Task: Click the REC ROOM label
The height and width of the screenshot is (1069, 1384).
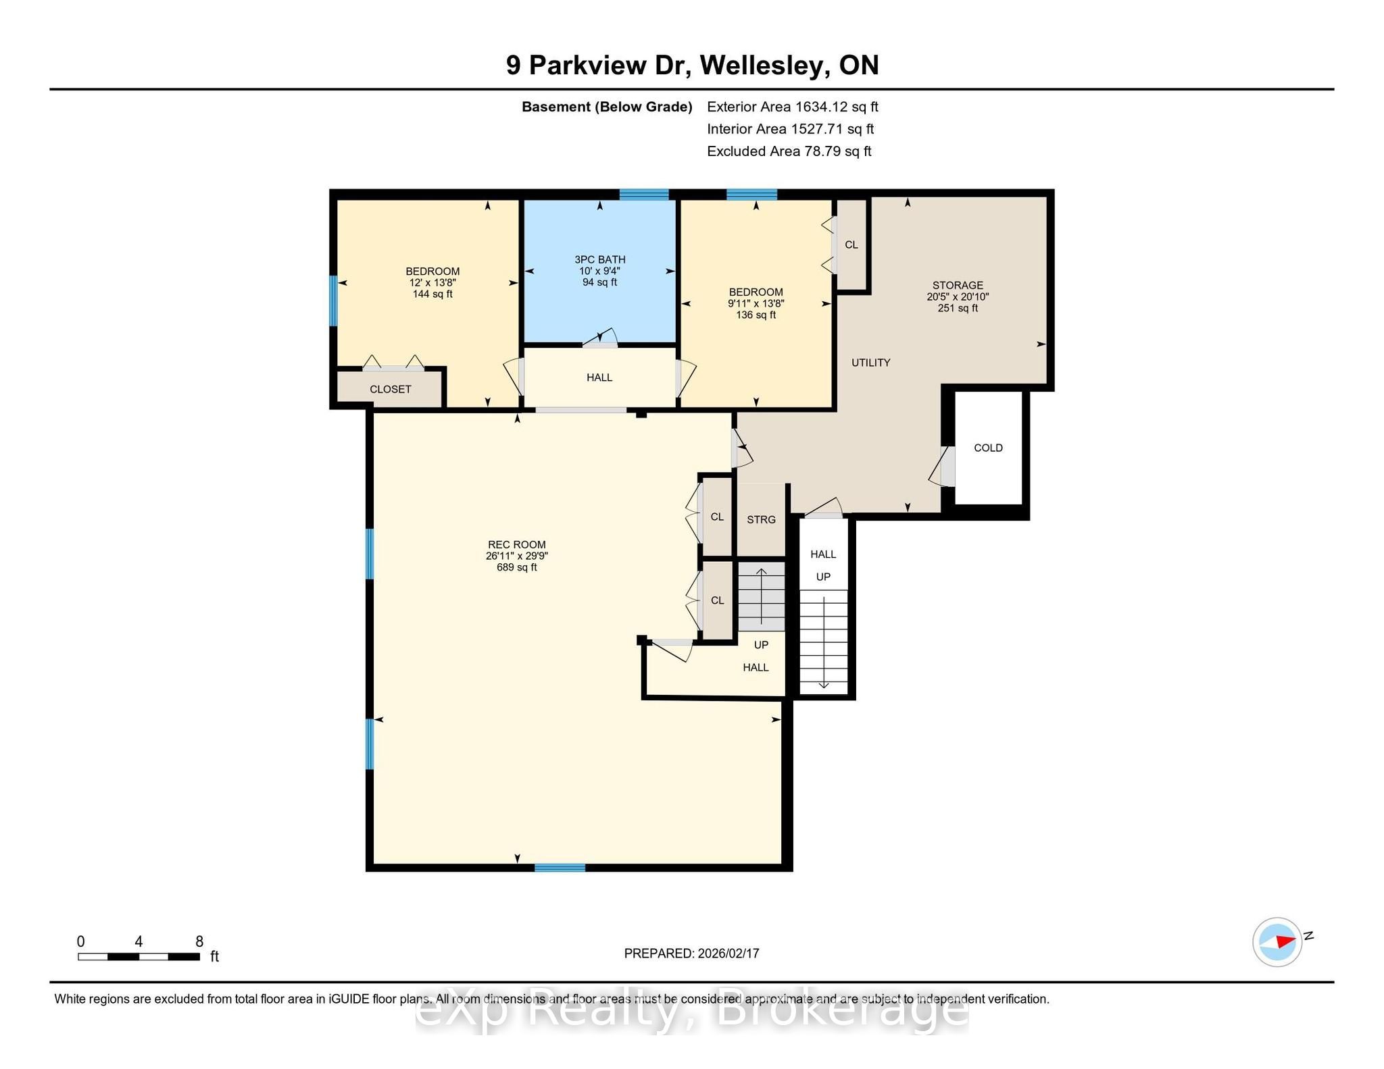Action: [x=517, y=544]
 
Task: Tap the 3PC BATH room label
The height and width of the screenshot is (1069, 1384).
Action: [x=600, y=259]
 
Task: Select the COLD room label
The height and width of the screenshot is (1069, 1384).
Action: [x=988, y=448]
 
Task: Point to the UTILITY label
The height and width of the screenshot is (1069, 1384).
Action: [x=871, y=363]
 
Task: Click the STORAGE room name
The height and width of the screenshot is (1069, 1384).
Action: [x=958, y=285]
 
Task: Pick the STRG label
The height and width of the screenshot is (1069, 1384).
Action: [x=761, y=519]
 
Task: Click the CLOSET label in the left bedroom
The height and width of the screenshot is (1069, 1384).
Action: [x=391, y=389]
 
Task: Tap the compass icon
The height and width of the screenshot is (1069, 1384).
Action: [x=1277, y=941]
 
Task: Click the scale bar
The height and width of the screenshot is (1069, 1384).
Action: [x=139, y=956]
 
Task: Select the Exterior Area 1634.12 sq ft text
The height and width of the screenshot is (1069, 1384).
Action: [x=793, y=107]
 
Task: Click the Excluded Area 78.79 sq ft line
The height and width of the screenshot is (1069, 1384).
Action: [x=789, y=151]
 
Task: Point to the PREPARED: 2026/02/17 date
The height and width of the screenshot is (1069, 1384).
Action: [x=692, y=954]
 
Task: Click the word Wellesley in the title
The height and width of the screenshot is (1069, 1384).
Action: [x=764, y=66]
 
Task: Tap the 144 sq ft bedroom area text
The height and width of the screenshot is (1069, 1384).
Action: [x=432, y=294]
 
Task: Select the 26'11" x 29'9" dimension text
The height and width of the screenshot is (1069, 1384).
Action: [x=517, y=556]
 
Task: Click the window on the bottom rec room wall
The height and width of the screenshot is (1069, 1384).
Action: [x=560, y=868]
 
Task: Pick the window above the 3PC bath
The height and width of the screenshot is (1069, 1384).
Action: [x=644, y=195]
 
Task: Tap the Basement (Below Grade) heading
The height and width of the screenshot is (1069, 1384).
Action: [x=607, y=107]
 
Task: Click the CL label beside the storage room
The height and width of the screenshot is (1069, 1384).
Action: [x=851, y=244]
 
